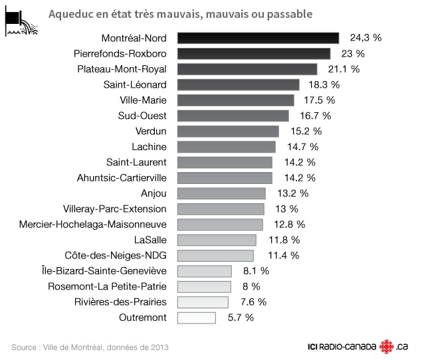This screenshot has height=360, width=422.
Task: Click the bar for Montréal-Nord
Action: (258, 38)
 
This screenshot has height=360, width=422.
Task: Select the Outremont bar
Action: (197, 317)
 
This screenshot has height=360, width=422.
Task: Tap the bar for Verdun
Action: (228, 131)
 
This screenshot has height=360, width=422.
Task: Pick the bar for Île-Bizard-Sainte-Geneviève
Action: (205, 271)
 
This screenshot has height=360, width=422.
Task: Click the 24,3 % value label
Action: (364, 38)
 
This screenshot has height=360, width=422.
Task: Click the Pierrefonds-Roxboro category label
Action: (122, 53)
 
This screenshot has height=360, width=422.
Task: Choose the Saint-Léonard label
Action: (135, 84)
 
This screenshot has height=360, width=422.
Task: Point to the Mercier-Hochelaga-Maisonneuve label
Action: (93, 225)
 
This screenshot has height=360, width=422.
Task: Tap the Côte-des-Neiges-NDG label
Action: (116, 255)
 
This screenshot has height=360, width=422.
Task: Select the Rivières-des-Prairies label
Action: (120, 302)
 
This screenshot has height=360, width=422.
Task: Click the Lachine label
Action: (150, 147)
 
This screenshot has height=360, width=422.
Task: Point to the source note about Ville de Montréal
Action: (90, 347)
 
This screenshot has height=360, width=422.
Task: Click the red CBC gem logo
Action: (386, 347)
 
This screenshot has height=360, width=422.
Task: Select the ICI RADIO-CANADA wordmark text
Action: (341, 347)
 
